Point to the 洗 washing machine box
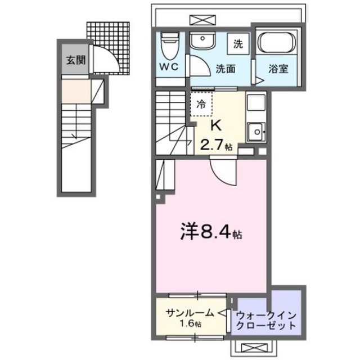[x=237, y=44]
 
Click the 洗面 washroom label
[x=226, y=69]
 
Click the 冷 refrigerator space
[x=201, y=103]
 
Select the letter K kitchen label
[x=214, y=125]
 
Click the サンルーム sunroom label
[x=189, y=312]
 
